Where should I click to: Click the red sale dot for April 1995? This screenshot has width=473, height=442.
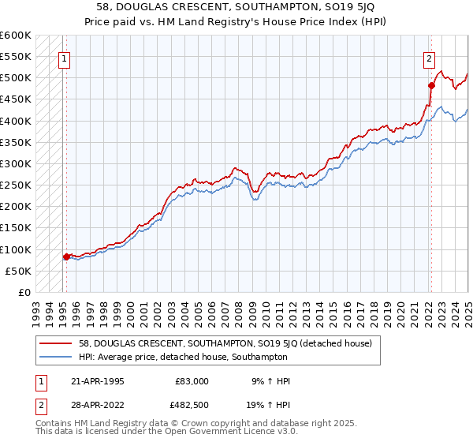(66, 257)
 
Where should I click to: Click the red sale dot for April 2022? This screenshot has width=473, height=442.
(431, 85)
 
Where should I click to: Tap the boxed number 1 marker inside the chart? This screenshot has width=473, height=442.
(63, 58)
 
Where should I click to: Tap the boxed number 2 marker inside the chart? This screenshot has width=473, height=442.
(429, 58)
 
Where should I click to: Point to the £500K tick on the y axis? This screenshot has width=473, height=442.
(15, 78)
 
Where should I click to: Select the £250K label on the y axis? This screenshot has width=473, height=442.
(15, 185)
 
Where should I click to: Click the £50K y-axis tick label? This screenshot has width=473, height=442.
(18, 271)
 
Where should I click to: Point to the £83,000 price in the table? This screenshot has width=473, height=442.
(192, 381)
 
